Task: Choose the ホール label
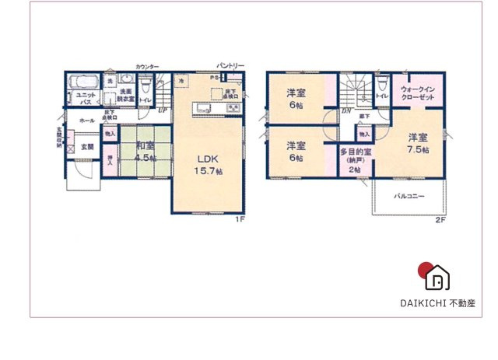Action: (x=88, y=121)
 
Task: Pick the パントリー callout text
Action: (x=230, y=66)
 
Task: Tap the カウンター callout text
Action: (x=147, y=67)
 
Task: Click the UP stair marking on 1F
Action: (x=161, y=110)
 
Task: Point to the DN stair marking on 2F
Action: (x=346, y=111)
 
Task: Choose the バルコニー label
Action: (x=408, y=196)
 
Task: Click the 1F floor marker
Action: (x=240, y=220)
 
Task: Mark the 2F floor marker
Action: (x=440, y=220)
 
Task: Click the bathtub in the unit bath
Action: (x=82, y=81)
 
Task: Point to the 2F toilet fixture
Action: (x=382, y=83)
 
